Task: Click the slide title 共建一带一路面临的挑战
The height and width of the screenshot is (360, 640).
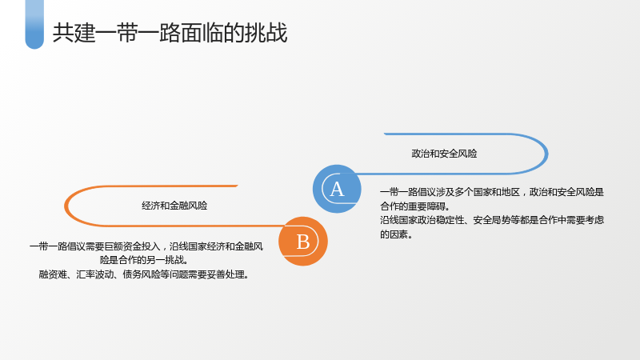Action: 170,33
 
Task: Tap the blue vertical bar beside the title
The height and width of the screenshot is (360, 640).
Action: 34,25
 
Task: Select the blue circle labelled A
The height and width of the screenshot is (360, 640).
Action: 337,189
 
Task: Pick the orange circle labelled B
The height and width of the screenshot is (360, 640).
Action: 303,242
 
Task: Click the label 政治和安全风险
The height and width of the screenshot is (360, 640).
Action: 444,154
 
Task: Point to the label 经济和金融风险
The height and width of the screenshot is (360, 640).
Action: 174,206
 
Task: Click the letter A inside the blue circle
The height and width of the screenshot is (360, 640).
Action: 337,189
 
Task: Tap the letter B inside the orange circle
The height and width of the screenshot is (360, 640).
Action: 303,242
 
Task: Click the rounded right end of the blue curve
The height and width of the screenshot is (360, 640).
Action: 546,154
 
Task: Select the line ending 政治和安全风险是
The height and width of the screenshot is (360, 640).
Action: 492,192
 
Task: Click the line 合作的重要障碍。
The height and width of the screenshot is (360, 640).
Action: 415,206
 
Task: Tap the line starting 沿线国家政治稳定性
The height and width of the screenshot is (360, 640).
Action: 492,220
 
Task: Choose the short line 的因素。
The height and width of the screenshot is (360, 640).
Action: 396,234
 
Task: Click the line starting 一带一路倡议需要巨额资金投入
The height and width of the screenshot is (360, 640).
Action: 146,246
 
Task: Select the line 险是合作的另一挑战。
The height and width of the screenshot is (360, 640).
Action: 144,260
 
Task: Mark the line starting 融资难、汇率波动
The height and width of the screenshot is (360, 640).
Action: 144,274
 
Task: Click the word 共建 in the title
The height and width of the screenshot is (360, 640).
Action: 74,33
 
